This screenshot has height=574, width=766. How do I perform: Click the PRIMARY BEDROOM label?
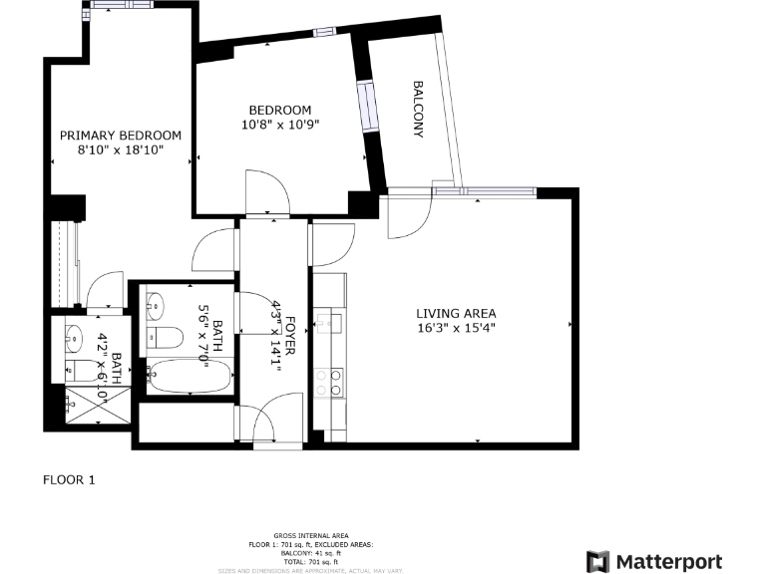[x=121, y=136]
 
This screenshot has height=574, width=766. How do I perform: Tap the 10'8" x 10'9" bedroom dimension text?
[x=280, y=125]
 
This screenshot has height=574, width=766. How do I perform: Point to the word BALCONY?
[x=418, y=109]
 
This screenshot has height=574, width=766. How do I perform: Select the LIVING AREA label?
[x=456, y=313]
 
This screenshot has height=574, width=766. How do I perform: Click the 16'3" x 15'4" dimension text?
[x=456, y=327]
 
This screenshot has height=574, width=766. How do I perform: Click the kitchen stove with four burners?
[x=328, y=383]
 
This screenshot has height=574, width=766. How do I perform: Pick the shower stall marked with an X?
[x=97, y=403]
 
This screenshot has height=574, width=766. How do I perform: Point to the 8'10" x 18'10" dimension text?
[x=121, y=149]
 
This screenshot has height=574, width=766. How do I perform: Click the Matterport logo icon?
[x=597, y=561]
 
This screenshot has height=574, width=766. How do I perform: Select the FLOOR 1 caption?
[x=69, y=479]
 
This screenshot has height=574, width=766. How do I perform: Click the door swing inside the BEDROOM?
[x=267, y=190]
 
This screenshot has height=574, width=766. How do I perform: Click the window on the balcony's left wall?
[x=368, y=108]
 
